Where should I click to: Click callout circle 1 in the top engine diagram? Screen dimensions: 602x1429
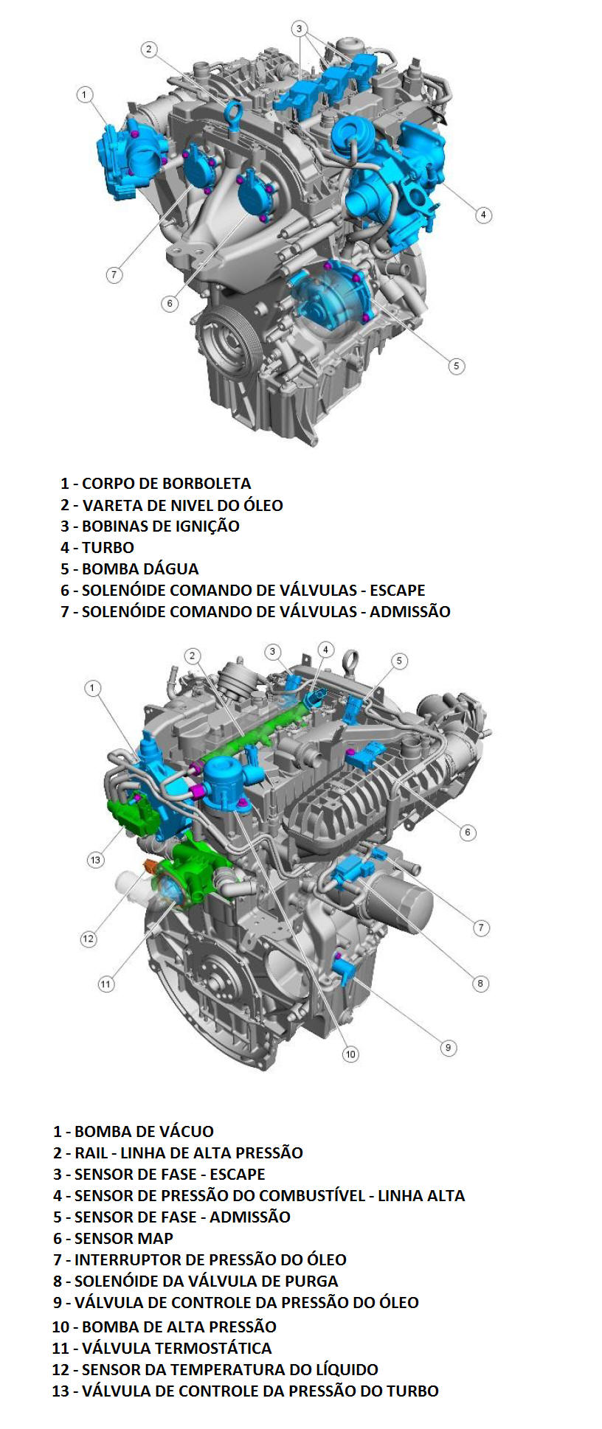85,94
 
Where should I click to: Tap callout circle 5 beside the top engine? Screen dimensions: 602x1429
457,366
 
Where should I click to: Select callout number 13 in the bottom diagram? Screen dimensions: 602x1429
95,860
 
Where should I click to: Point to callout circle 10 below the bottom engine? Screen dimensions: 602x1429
350,1054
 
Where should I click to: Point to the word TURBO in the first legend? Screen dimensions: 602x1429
108,548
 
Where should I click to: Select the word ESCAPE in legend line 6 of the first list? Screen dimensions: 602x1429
398,591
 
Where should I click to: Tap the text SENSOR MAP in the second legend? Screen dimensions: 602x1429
124,1239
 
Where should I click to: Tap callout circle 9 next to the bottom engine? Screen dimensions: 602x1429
448,1048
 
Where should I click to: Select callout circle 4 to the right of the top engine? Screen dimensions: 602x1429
483,215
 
